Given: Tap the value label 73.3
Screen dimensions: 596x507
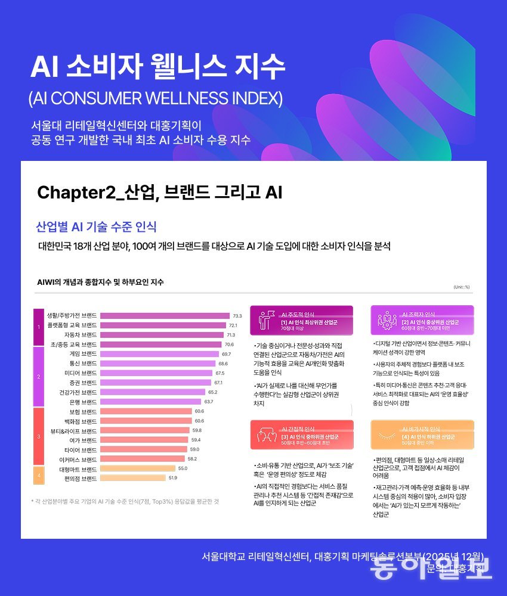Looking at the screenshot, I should [x=237, y=316].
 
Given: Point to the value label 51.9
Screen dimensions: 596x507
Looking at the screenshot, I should [x=173, y=478].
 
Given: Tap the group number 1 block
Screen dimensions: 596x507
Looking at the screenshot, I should [x=38, y=327].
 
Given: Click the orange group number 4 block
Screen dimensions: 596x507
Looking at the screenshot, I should [x=38, y=474].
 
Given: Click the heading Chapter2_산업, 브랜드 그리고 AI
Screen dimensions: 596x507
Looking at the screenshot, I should [x=159, y=193].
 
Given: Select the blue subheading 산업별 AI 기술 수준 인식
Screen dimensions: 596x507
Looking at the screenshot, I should [x=96, y=227].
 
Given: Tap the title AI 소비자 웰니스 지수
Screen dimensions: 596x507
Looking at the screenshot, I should [x=158, y=67].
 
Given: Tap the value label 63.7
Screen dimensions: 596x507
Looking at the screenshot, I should [x=209, y=402].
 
